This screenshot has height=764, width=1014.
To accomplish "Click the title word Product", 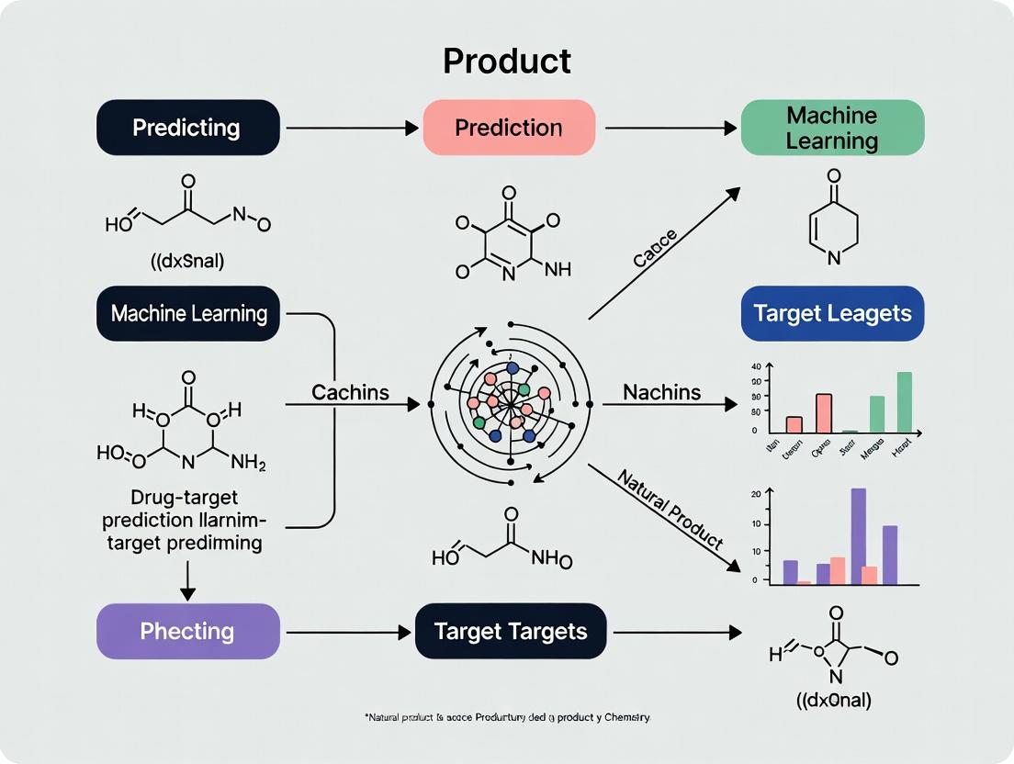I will [507, 61].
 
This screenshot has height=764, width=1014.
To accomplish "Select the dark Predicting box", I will [187, 127].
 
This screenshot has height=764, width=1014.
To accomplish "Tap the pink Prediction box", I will [509, 127].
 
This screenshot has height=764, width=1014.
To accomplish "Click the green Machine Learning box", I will [832, 128].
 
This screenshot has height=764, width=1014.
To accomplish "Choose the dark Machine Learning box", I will [188, 313].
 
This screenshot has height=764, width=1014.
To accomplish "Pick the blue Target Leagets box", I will [832, 313].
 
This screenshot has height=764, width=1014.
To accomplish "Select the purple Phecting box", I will [187, 631].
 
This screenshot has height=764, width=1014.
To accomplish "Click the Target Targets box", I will [510, 631].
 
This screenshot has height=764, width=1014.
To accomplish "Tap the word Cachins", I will [350, 392].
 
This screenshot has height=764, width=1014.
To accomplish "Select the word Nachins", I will [661, 392].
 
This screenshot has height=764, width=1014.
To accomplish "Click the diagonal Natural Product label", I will [670, 509].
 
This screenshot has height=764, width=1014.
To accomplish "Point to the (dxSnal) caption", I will [187, 260].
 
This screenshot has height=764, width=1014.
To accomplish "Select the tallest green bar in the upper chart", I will [904, 401].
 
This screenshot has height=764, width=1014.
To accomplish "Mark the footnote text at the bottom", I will [507, 715].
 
